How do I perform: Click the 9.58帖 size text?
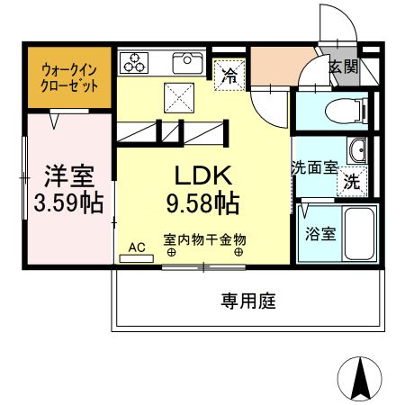click(x=201, y=204)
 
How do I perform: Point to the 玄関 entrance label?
click(x=343, y=67)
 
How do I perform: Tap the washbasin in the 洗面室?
click(x=356, y=149)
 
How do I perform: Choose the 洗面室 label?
click(x=313, y=166)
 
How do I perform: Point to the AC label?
click(x=137, y=246)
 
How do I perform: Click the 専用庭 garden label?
click(x=247, y=301)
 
